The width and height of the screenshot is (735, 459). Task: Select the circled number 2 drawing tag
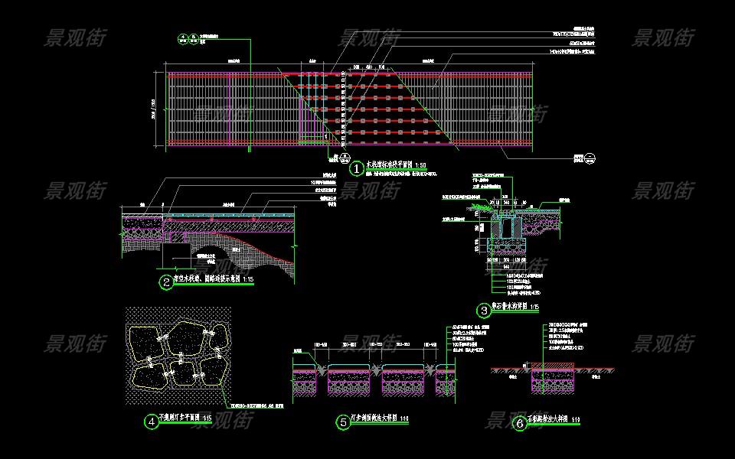166,282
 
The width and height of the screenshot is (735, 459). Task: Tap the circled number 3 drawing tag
484,311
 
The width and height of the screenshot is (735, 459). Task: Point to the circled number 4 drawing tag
152,420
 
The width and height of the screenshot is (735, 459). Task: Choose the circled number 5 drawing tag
343,422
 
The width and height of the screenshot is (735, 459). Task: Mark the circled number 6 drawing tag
520,423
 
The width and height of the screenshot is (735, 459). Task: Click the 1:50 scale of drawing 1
420,165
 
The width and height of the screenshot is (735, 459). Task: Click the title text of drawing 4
179,418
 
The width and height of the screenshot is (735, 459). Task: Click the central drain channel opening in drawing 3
506,225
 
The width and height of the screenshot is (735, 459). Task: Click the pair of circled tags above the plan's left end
189,39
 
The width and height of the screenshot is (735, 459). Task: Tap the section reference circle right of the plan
590,158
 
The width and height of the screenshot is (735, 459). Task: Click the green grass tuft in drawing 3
480,206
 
